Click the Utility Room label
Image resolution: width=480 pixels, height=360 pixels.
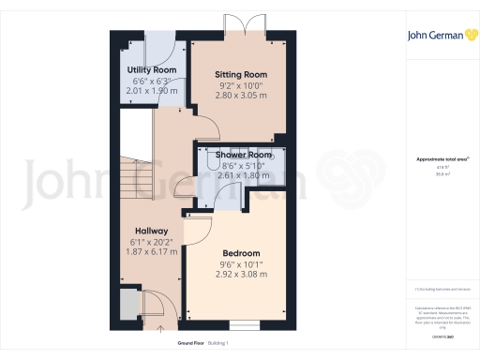pyautogui.click(x=152, y=70)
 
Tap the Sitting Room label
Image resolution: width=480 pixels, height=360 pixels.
pyautogui.click(x=241, y=74)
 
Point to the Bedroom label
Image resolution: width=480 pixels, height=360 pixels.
pyautogui.click(x=241, y=253)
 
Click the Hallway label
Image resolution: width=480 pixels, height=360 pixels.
pyautogui.click(x=151, y=231)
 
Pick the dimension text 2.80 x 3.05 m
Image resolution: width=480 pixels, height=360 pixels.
pyautogui.click(x=241, y=96)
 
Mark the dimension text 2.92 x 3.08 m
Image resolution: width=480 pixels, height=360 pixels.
pyautogui.click(x=241, y=275)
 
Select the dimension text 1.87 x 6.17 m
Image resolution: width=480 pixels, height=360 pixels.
pyautogui.click(x=151, y=252)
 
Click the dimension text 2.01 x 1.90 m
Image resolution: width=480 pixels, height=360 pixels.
pyautogui.click(x=152, y=91)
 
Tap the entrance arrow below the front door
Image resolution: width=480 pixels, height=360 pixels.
pyautogui.click(x=158, y=329)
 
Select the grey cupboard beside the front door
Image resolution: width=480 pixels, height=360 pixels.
pyautogui.click(x=127, y=306)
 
